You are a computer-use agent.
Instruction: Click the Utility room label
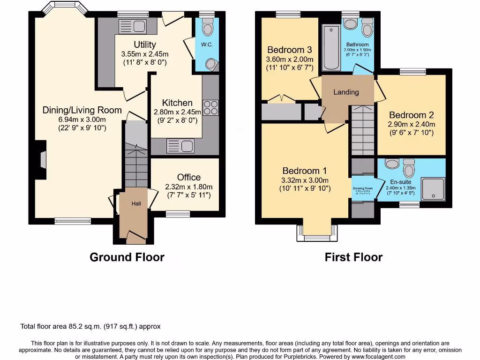click(145, 45)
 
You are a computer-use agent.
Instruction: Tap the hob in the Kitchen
click(210, 108)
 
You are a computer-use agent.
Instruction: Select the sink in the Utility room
click(133, 26)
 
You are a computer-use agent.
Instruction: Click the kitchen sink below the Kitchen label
click(180, 146)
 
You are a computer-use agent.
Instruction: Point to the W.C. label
click(207, 45)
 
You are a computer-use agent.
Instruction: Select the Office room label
click(189, 177)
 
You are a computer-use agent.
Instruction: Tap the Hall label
click(136, 203)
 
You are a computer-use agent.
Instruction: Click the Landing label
click(346, 92)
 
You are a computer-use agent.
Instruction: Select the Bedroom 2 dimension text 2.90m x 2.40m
click(412, 124)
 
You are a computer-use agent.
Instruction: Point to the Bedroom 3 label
click(289, 50)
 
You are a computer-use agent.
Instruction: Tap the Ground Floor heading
click(127, 257)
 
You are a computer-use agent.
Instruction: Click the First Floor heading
click(353, 257)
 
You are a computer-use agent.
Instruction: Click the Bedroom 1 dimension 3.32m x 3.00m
click(305, 180)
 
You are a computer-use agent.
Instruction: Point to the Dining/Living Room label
click(82, 111)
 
